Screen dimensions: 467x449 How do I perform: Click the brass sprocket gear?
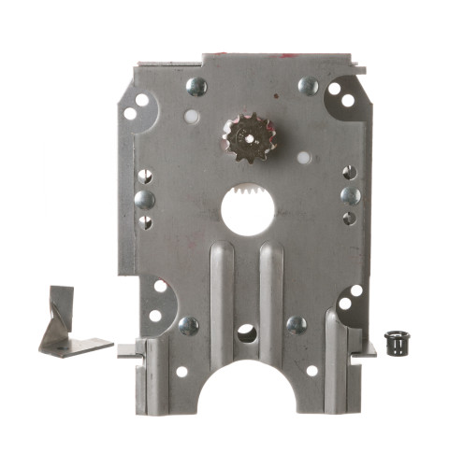pos(246,137)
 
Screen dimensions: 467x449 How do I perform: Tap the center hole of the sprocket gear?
pos(246,137)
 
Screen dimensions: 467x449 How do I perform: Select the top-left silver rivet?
pos(196,87)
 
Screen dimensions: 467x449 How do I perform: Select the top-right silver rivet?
pos(309,86)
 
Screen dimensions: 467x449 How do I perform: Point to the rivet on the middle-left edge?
pos(145,200)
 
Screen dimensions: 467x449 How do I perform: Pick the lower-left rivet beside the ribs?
pos(188,326)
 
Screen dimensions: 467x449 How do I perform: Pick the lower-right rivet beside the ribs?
pos(297,325)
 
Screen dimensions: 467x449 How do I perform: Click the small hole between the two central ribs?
pos(246,332)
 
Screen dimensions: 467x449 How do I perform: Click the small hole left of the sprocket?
pos(192,118)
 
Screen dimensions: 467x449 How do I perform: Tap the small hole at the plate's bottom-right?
pos(311,370)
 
